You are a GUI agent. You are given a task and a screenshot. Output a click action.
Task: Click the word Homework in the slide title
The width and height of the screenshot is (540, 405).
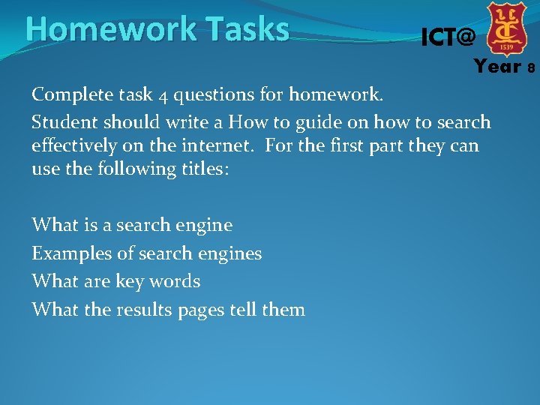point(99,30)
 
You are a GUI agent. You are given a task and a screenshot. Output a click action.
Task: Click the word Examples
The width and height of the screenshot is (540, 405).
point(71,253)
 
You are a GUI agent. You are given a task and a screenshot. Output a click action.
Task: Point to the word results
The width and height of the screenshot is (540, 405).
point(144,310)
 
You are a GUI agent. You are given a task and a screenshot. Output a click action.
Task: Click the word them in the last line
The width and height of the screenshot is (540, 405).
point(283,309)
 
